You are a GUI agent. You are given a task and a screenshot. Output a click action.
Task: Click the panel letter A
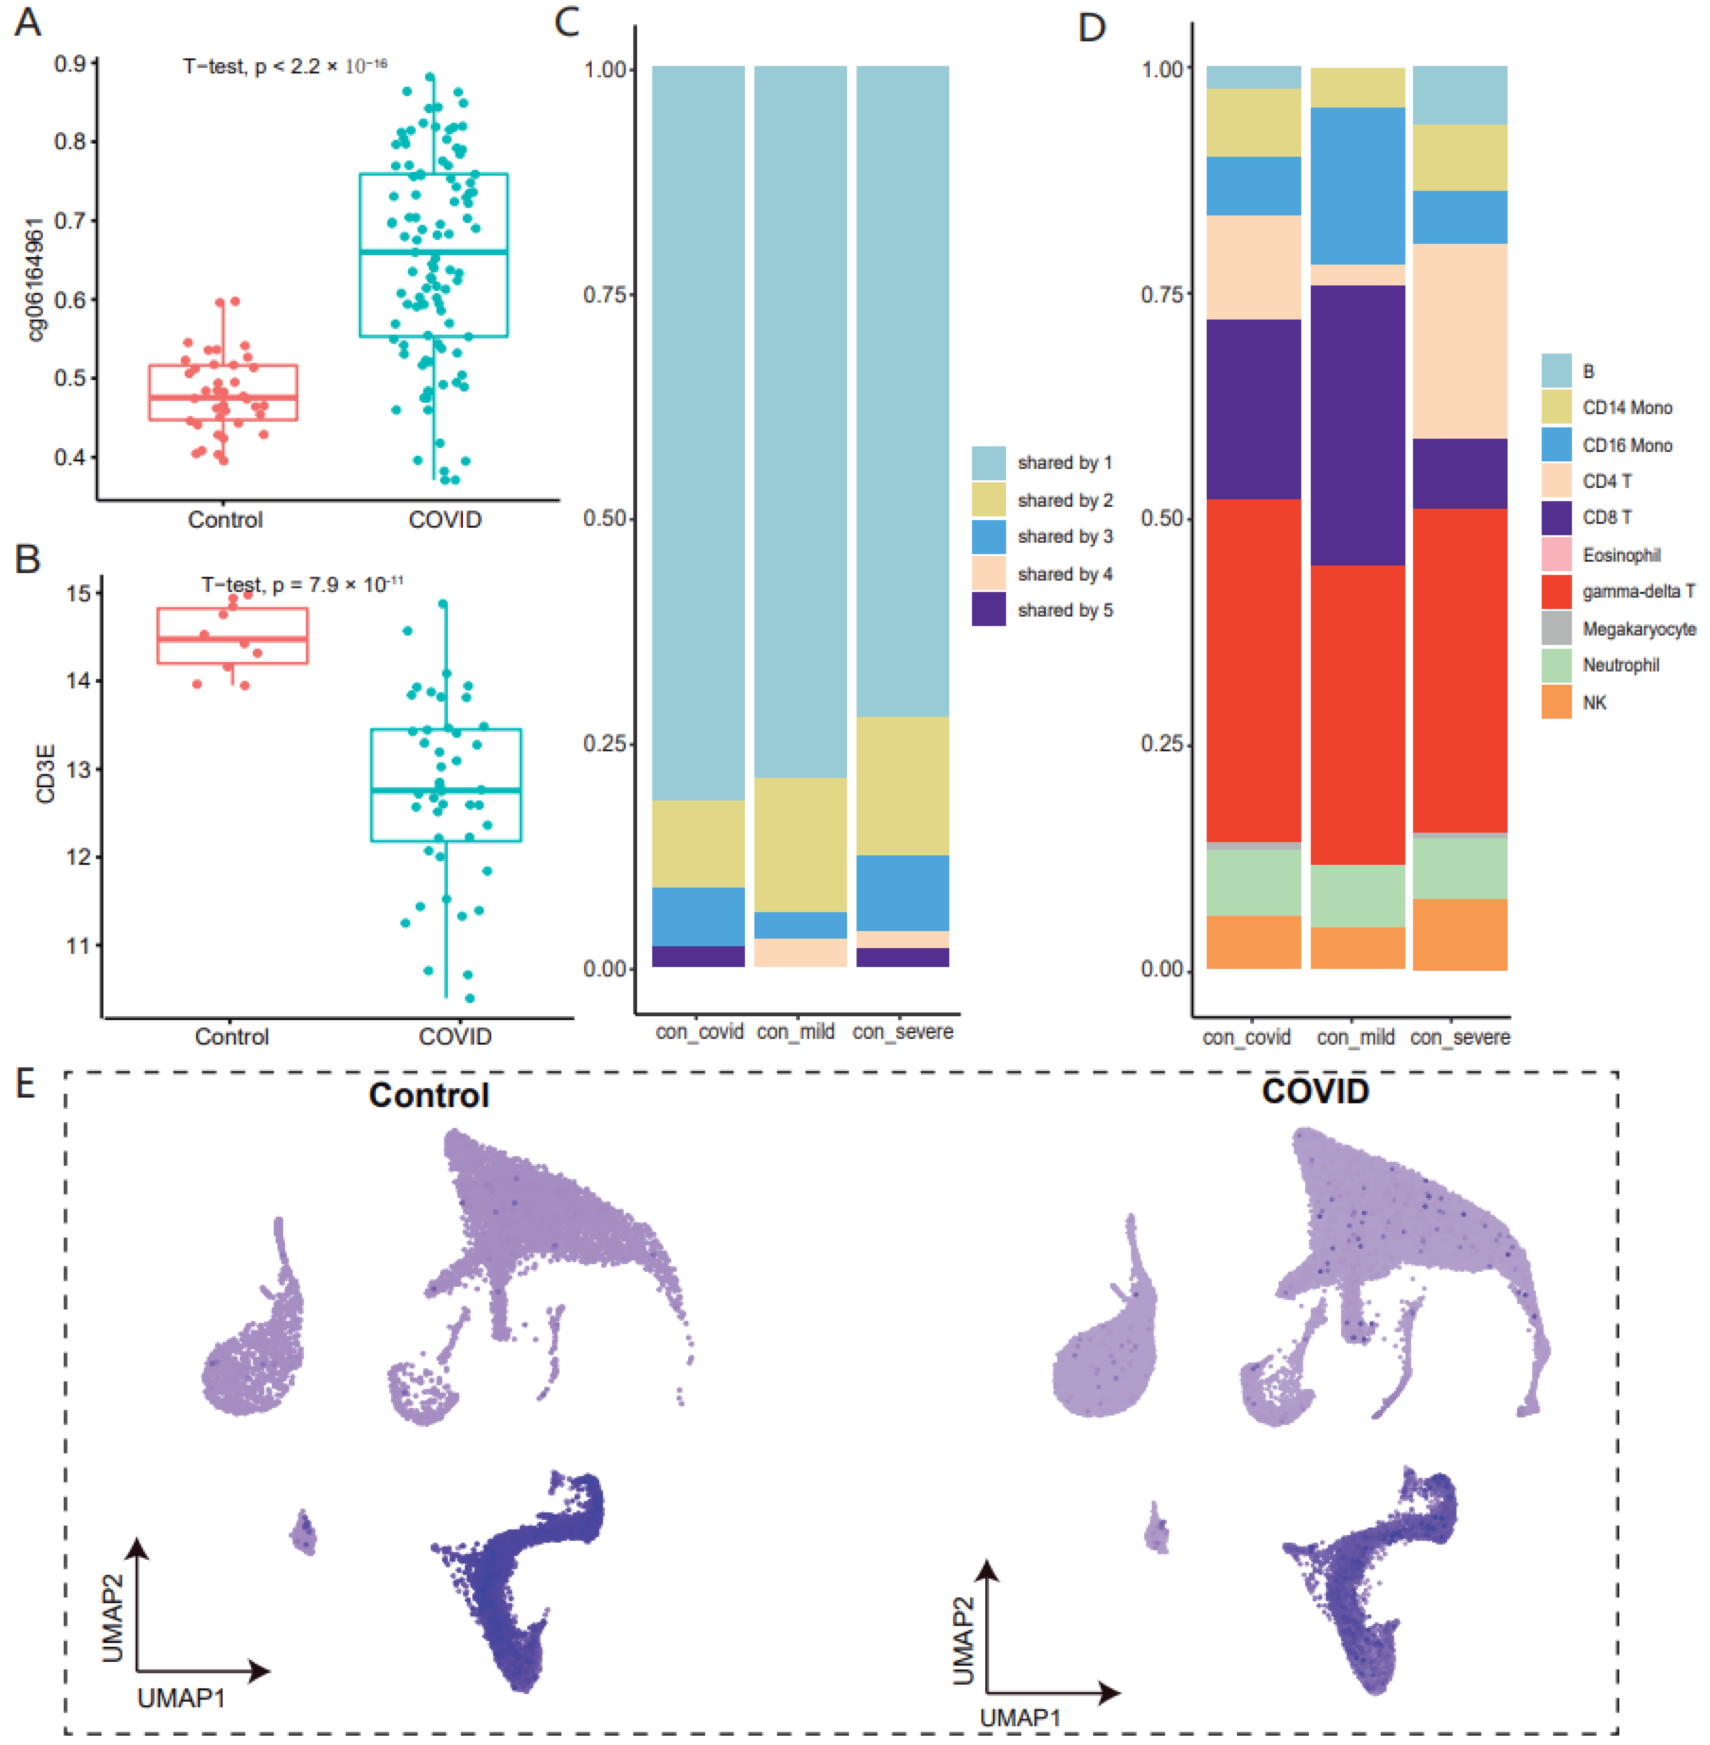tap(28, 22)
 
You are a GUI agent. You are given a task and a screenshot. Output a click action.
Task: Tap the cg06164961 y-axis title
tap(34, 279)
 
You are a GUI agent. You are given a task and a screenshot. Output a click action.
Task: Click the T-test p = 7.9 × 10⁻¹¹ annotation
tap(302, 585)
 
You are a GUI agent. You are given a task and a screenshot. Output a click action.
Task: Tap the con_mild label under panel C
tap(796, 1032)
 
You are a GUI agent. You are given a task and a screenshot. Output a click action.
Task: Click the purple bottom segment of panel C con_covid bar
tap(698, 956)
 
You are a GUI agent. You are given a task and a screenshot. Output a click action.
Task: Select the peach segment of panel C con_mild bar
tap(799, 953)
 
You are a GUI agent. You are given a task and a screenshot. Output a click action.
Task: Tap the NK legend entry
tap(1594, 702)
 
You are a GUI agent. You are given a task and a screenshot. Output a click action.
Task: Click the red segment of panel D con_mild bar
tap(1357, 715)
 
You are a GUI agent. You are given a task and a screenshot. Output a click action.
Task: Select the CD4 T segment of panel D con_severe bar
tap(1460, 341)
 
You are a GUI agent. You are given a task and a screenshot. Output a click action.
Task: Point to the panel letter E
tap(25, 1084)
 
